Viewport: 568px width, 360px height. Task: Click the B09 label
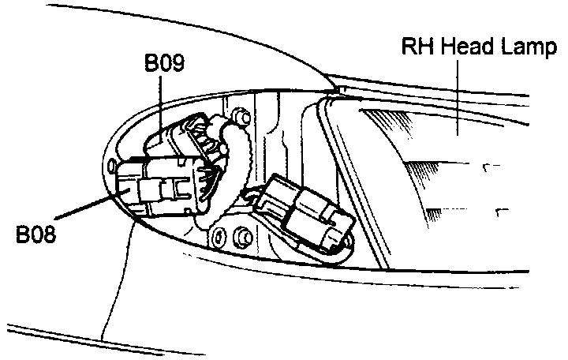164,63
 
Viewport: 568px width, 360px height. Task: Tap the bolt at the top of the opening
243,117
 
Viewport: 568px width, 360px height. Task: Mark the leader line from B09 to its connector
162,103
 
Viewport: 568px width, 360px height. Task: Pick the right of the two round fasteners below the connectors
242,235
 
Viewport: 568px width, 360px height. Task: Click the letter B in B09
150,63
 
